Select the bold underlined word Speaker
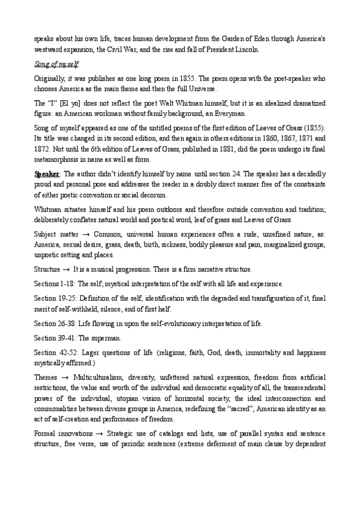(46, 174)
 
